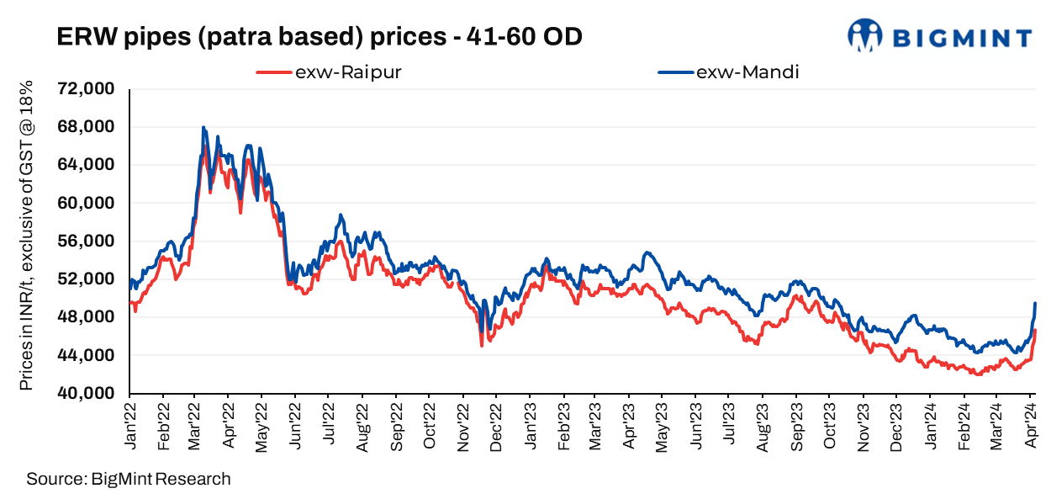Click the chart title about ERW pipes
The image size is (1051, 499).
(319, 37)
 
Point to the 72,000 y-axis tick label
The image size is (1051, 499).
(86, 89)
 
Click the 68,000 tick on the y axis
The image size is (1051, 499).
(86, 127)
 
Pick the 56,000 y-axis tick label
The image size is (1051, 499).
(86, 242)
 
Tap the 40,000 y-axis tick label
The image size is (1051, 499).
(86, 394)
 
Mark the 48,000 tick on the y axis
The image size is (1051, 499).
(86, 317)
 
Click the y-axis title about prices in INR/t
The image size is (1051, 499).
(26, 236)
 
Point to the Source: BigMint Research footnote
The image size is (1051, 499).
(128, 480)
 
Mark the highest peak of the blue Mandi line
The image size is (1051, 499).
(203, 128)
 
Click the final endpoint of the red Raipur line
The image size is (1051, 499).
(1035, 331)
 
